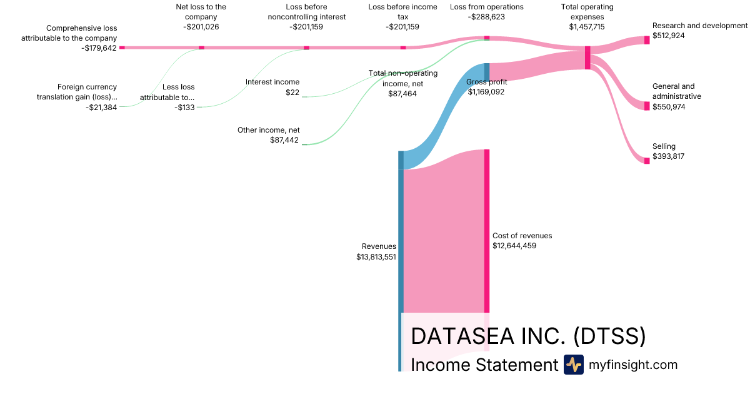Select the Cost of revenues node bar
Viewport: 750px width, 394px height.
486,231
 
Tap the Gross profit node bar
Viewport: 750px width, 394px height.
486,71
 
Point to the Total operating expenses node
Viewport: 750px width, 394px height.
587,58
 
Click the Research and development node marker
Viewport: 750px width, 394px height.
647,40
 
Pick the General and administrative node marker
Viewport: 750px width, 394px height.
647,106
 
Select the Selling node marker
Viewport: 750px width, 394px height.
647,161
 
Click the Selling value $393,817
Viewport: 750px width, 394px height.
668,156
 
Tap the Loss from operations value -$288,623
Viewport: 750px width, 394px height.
487,17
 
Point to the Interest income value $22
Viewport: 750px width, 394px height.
292,93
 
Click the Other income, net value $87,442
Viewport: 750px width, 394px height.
284,141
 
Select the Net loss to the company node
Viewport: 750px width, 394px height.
201,48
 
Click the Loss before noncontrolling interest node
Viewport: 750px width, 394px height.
306,48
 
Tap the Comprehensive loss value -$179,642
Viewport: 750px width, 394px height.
99,48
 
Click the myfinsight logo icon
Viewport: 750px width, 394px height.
573,365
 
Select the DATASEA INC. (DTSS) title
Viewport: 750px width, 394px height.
528,336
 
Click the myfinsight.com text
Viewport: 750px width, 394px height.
632,365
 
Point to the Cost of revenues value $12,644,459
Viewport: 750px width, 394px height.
514,246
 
